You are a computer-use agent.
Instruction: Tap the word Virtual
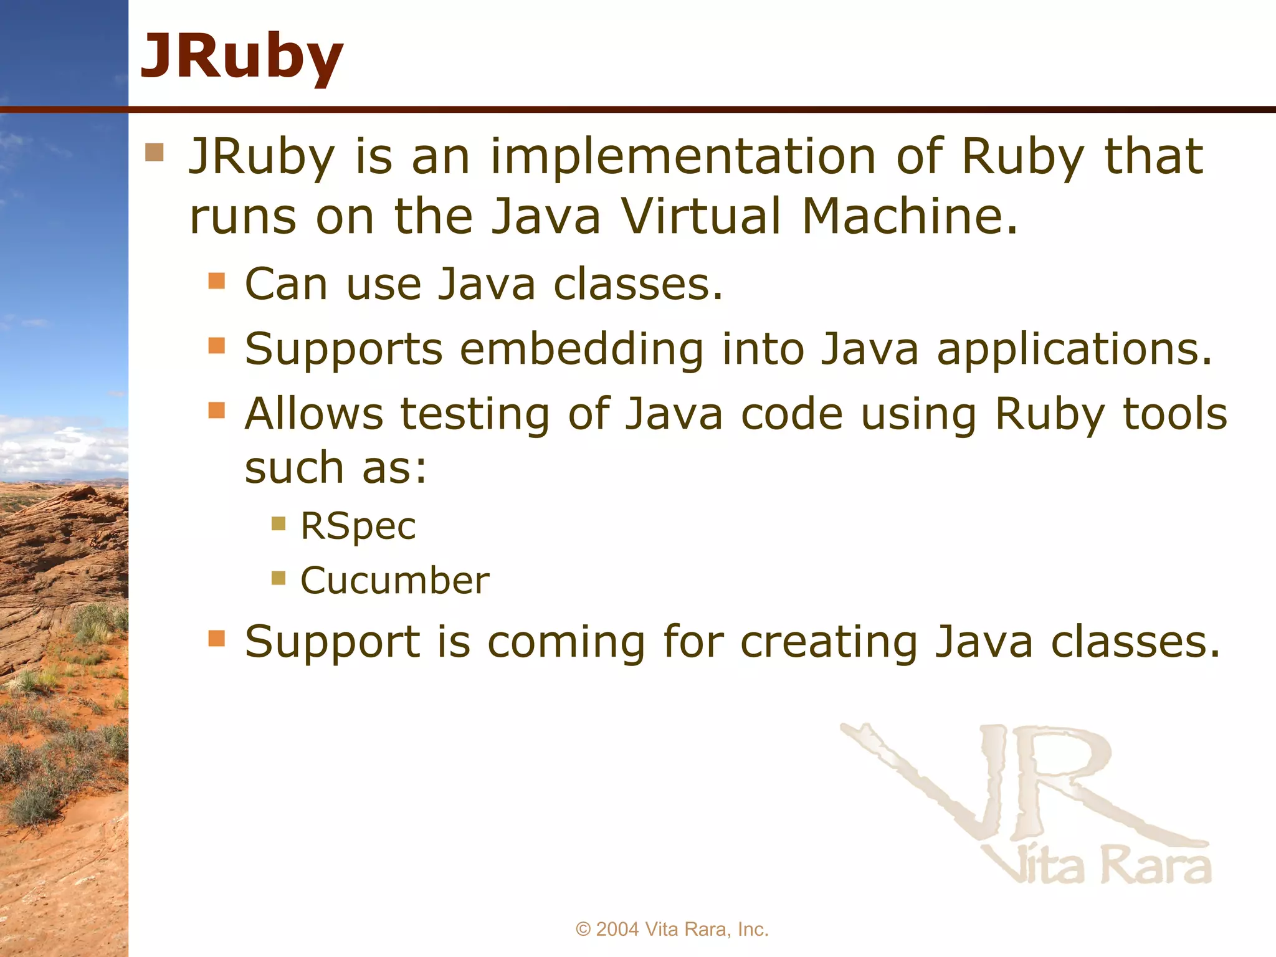click(701, 216)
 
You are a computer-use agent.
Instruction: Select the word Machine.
click(909, 216)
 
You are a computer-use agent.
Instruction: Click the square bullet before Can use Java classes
click(216, 280)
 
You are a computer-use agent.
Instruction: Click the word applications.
click(1074, 349)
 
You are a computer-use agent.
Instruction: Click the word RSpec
click(358, 526)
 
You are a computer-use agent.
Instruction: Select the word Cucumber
click(394, 581)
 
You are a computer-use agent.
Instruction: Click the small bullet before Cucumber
click(279, 579)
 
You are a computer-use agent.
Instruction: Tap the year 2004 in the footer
click(617, 929)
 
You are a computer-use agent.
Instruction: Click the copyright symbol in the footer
click(583, 929)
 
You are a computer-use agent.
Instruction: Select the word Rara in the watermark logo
click(1156, 866)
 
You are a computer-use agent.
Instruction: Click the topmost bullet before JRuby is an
click(154, 153)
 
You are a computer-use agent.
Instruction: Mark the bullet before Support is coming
click(216, 639)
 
